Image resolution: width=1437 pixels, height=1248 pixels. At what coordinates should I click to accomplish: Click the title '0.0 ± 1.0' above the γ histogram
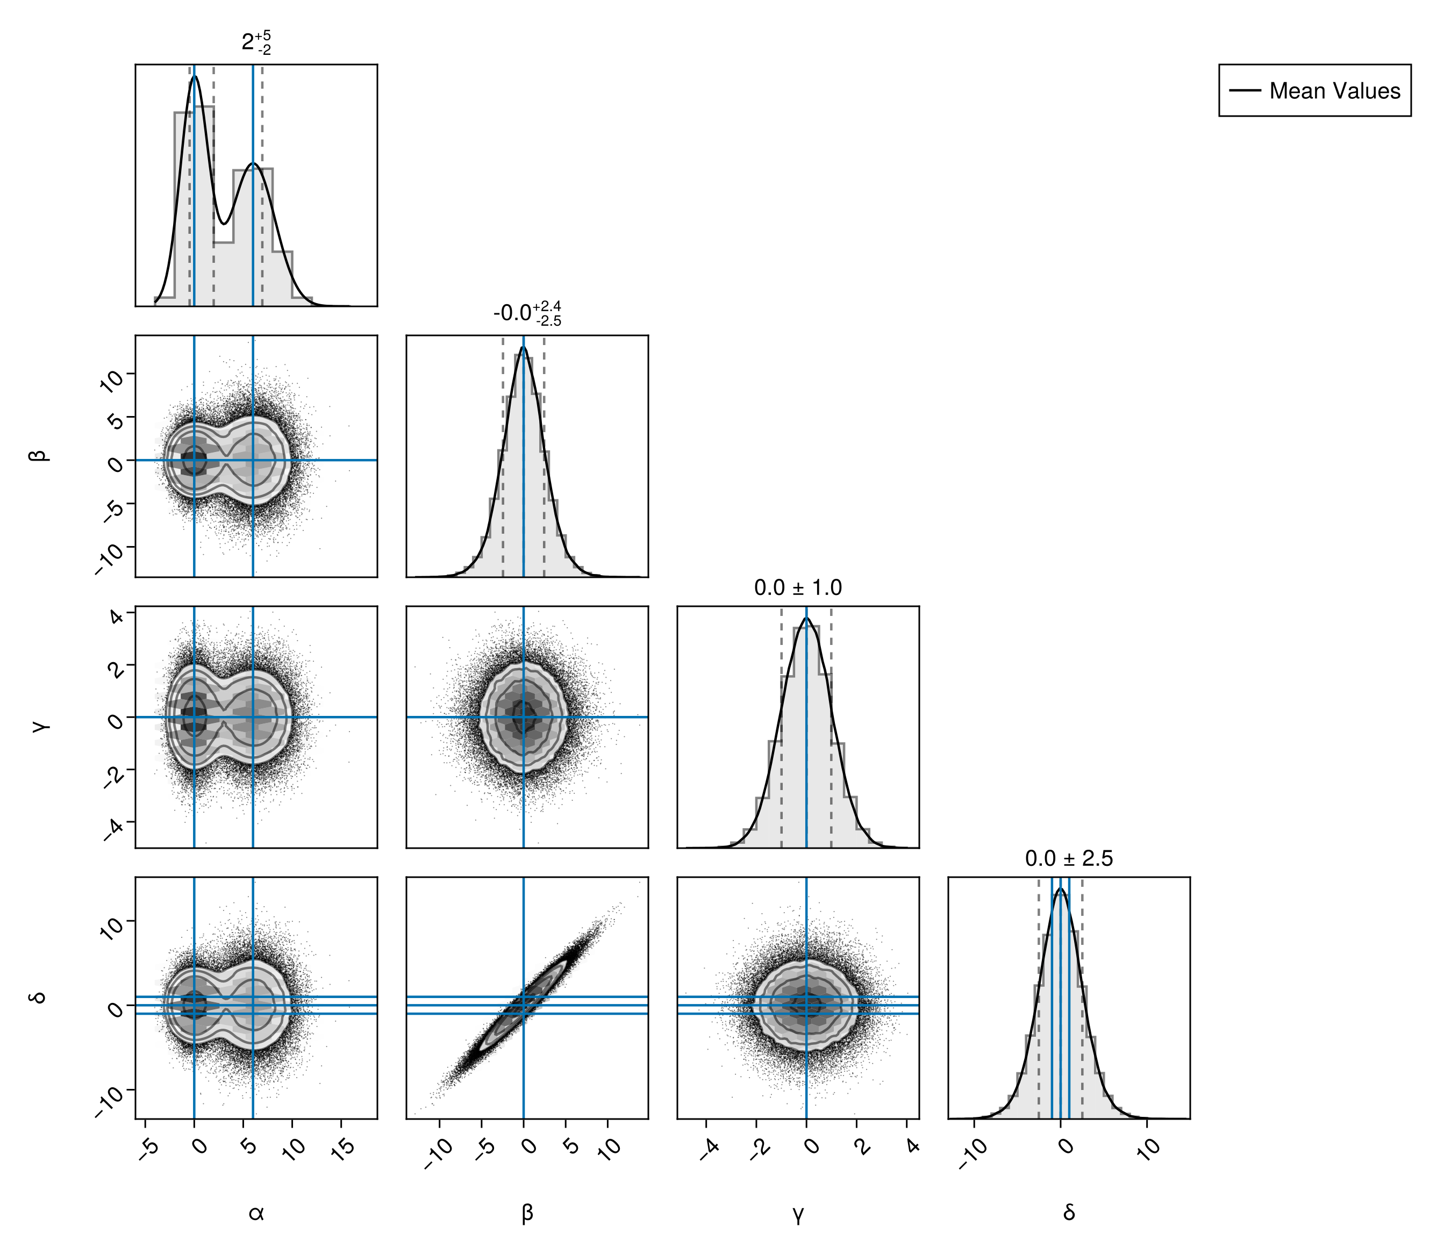798,588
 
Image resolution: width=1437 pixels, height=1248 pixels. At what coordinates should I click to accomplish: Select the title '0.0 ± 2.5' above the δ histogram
1069,859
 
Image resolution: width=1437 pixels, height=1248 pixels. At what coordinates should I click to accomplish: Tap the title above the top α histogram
256,42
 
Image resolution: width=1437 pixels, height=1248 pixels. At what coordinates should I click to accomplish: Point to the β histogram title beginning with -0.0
527,313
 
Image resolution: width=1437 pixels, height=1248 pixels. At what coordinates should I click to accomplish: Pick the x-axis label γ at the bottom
798,1215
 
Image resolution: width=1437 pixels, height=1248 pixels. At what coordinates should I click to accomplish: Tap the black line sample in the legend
1245,90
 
